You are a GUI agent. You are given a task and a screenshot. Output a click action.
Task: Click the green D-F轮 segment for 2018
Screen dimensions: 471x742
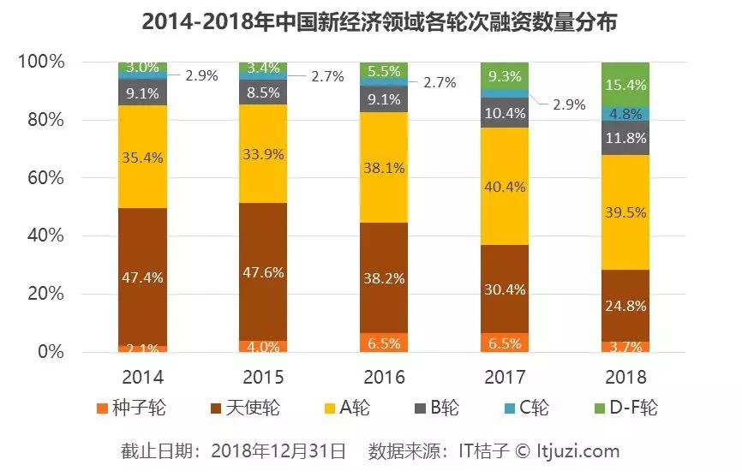(x=625, y=84)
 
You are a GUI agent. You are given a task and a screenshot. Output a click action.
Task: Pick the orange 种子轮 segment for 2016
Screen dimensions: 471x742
(x=384, y=343)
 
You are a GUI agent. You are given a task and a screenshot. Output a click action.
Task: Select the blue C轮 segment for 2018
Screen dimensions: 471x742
(x=625, y=113)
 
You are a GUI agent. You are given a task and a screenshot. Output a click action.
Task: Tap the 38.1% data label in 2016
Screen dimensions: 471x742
(x=384, y=168)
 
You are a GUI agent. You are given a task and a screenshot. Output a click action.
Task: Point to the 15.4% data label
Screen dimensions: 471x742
(x=625, y=84)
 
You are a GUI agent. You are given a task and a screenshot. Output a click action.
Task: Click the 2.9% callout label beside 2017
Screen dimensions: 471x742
(x=568, y=104)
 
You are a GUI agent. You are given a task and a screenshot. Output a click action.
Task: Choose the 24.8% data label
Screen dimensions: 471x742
(x=625, y=305)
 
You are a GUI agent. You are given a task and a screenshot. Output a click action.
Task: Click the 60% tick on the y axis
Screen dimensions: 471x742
(x=42, y=178)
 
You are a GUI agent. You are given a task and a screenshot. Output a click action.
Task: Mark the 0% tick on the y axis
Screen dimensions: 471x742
(x=48, y=352)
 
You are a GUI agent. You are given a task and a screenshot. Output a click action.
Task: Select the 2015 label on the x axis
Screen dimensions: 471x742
(x=263, y=377)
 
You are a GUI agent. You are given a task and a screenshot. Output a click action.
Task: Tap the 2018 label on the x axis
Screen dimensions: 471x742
(x=625, y=377)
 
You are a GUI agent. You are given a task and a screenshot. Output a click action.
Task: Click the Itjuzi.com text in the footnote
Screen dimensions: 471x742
(x=579, y=450)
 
